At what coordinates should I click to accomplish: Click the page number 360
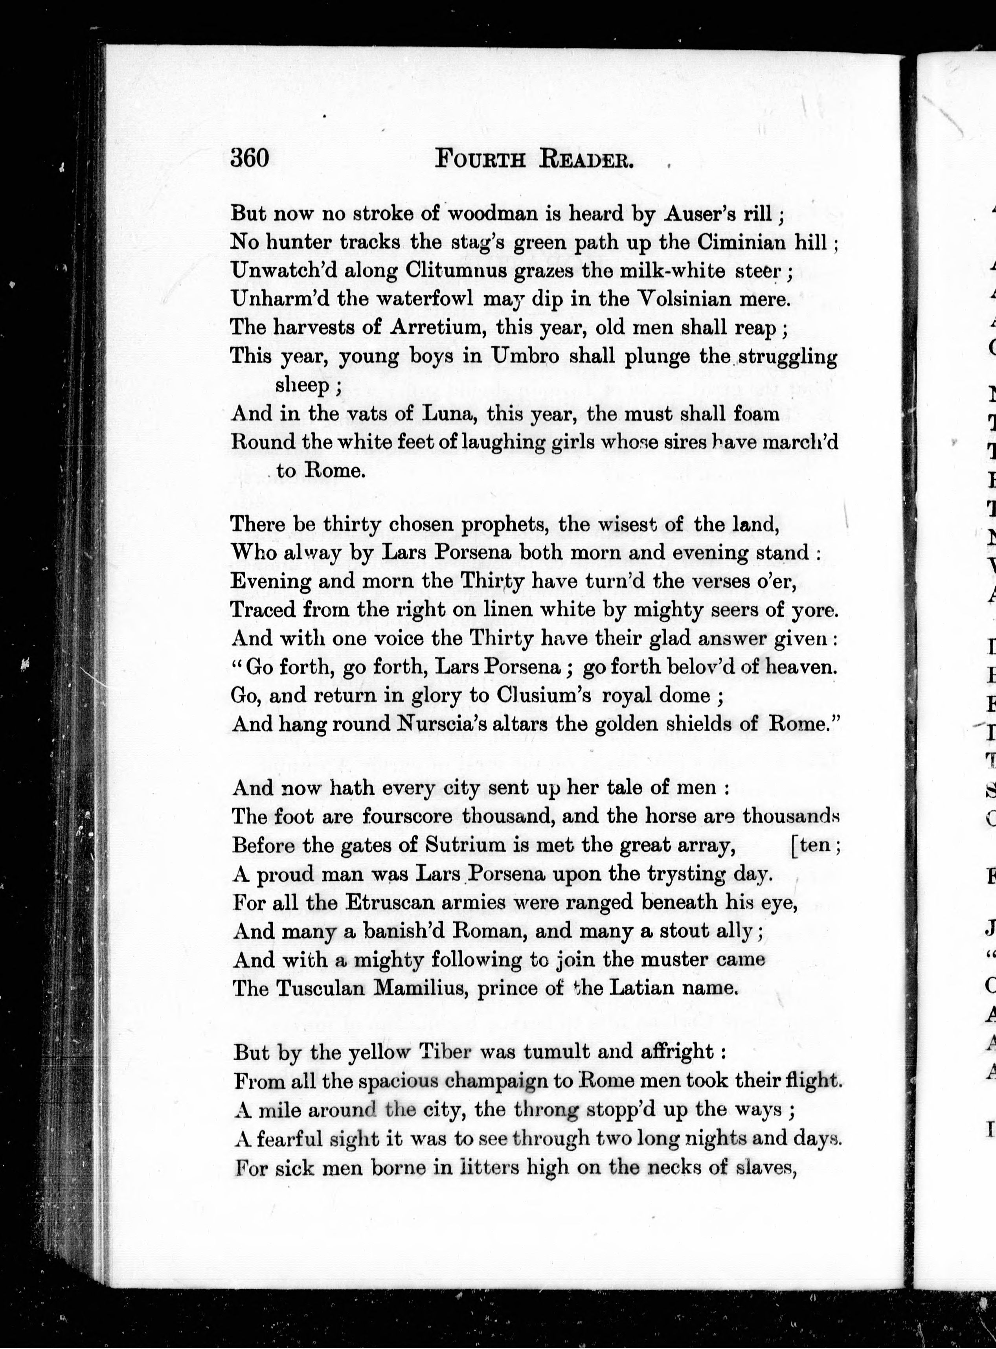[249, 158]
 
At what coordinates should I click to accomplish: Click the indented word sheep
[303, 384]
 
